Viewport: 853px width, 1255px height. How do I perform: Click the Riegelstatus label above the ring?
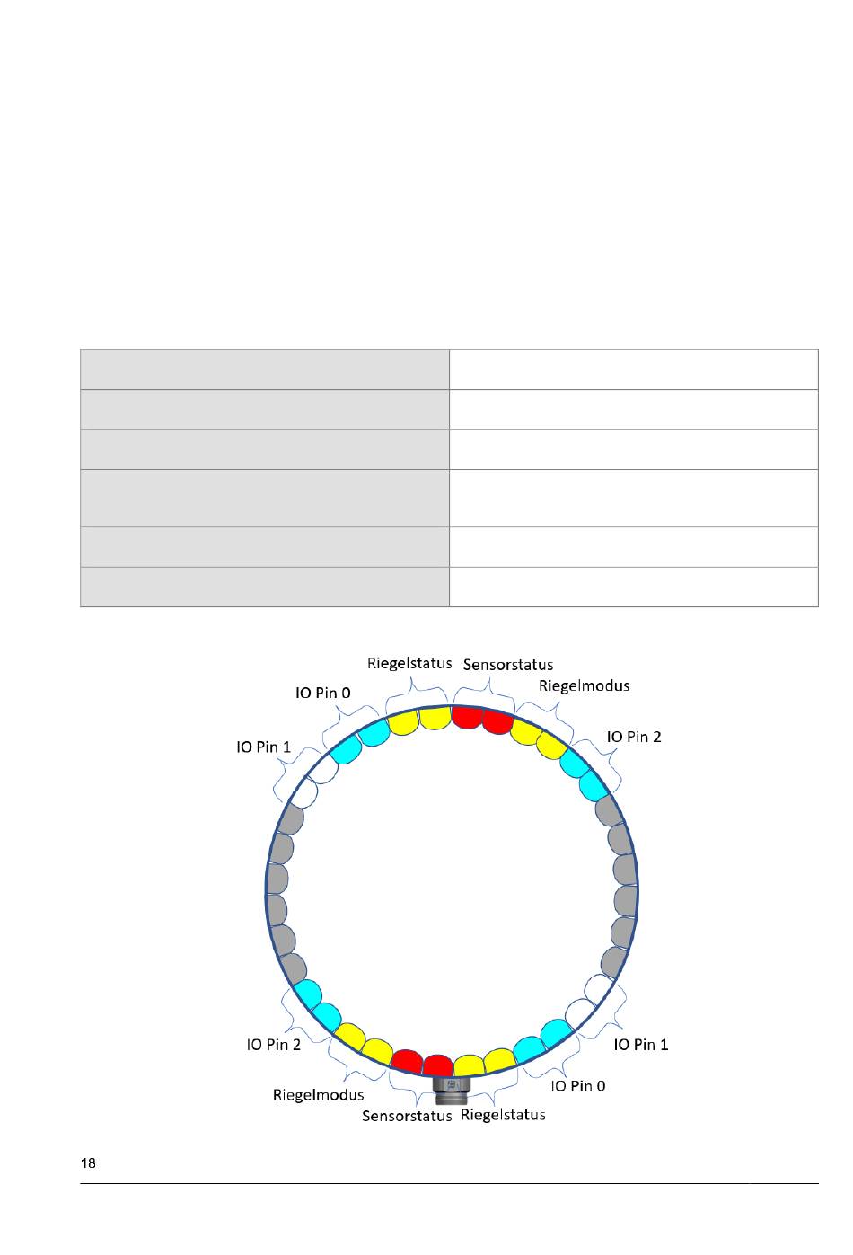tap(409, 663)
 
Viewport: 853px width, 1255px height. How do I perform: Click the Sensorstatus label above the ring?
tap(507, 665)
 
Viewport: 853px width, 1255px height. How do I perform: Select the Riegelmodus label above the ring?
tap(584, 686)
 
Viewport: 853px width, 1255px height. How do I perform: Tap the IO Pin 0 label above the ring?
tap(322, 693)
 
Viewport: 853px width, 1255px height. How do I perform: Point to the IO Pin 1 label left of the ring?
tap(263, 747)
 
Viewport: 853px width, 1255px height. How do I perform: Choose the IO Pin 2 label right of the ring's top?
tap(633, 737)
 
